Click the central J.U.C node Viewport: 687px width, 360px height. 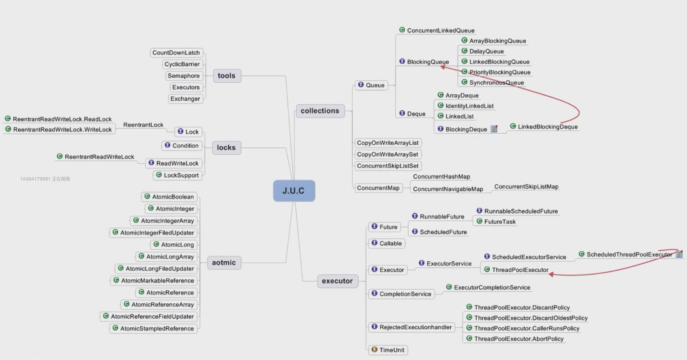(x=294, y=191)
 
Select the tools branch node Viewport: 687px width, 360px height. (x=227, y=76)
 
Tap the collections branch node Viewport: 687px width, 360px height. (x=320, y=111)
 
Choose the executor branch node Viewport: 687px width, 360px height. (x=337, y=281)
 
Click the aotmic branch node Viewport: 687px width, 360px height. (x=224, y=263)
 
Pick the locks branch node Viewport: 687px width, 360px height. (x=226, y=148)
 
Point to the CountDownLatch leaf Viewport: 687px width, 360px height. (x=176, y=53)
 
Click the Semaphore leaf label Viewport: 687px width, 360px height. (x=183, y=76)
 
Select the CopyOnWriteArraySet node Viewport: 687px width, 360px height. (x=387, y=154)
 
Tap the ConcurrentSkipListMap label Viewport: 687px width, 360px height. (x=526, y=187)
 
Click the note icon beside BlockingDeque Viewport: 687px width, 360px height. (x=494, y=129)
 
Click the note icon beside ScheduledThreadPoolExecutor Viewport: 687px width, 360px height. (x=679, y=254)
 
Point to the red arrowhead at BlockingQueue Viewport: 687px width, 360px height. (x=443, y=67)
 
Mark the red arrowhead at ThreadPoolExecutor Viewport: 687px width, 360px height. (x=551, y=275)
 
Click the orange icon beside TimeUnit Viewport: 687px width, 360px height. (x=374, y=350)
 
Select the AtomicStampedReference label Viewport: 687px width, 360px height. (x=157, y=329)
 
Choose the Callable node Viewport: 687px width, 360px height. (x=390, y=243)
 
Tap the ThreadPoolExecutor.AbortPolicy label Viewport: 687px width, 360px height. (x=519, y=339)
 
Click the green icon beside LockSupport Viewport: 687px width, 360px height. (x=159, y=175)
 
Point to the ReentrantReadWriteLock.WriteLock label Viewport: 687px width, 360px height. (x=62, y=130)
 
